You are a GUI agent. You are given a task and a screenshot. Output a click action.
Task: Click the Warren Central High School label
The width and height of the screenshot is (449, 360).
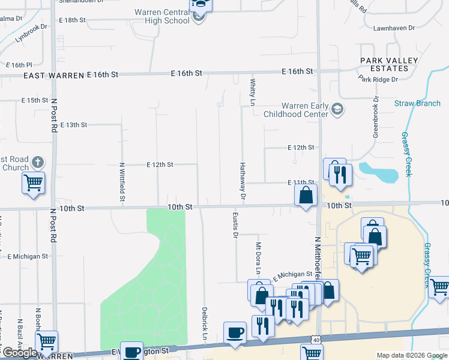tap(161, 16)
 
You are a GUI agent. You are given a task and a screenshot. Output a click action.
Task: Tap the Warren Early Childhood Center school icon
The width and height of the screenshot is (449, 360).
tap(337, 109)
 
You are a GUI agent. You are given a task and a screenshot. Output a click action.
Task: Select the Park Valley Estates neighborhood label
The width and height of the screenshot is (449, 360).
tap(385, 65)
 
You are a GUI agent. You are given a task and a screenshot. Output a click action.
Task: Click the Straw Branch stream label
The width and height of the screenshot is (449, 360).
tap(417, 103)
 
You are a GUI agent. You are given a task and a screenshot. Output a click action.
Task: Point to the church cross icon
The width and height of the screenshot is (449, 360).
tap(37, 162)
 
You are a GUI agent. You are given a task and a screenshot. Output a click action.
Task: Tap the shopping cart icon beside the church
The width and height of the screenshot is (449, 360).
tap(34, 183)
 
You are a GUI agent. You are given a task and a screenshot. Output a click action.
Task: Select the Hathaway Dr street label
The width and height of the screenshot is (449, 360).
tap(243, 180)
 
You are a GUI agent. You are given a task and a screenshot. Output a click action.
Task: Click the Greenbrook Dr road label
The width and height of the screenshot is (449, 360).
tap(375, 117)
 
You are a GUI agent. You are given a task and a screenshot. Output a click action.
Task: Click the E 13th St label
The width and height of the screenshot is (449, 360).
tap(74, 125)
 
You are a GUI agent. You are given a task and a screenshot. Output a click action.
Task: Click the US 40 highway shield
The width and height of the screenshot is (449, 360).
tap(315, 340)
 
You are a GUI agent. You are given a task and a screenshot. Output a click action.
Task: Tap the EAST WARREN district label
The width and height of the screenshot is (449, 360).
tap(53, 76)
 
